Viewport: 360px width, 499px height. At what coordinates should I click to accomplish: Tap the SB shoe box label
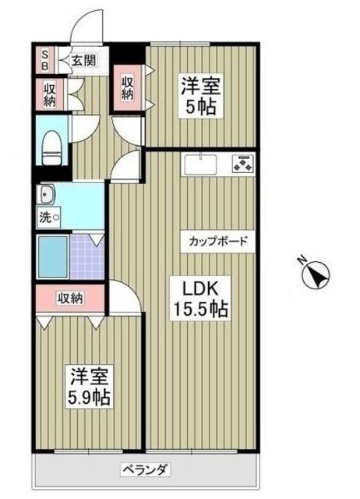tap(44, 59)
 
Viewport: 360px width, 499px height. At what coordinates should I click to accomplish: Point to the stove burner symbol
tap(243, 165)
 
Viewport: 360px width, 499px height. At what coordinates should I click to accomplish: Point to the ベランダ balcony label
tap(145, 469)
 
